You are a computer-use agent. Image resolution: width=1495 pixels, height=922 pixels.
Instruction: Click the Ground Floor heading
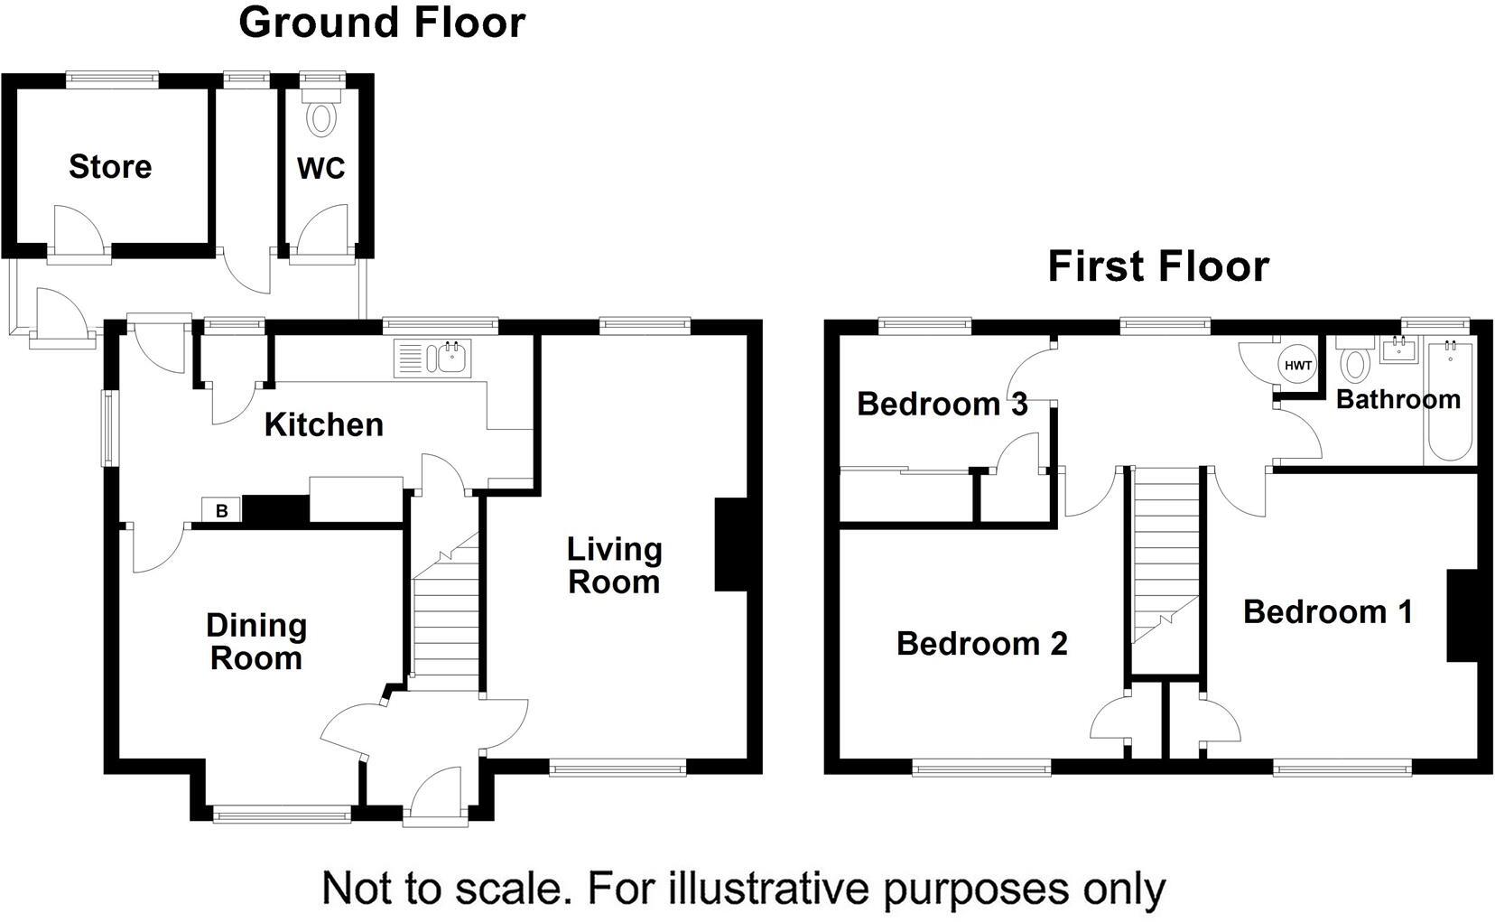click(381, 23)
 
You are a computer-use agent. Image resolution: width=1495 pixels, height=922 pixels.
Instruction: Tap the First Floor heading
click(1158, 266)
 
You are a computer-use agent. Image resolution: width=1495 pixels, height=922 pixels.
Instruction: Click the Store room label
click(110, 167)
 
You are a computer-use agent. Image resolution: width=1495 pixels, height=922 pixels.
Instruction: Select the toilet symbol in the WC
click(320, 117)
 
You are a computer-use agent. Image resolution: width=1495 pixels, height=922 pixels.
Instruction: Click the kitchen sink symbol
click(432, 359)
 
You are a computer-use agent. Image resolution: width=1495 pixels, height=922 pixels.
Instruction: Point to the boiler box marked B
click(222, 511)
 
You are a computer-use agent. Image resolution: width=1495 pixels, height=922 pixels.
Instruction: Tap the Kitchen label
click(323, 424)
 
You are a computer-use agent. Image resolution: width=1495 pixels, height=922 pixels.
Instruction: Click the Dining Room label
click(256, 642)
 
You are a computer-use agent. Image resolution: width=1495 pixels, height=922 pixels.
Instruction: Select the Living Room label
click(614, 565)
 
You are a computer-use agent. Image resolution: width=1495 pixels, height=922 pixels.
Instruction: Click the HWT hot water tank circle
click(1298, 365)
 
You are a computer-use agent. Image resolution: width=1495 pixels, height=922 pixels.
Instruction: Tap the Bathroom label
click(1397, 399)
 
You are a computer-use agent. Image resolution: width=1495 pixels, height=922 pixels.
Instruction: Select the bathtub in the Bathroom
click(1450, 402)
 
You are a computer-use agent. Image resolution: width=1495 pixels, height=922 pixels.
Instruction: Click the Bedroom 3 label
click(942, 404)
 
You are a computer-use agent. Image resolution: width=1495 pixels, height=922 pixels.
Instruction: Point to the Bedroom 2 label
click(981, 644)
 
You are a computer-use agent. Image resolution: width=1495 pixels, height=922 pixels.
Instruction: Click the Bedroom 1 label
click(1327, 612)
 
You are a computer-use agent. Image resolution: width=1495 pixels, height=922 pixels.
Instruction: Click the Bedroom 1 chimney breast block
click(1462, 616)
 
